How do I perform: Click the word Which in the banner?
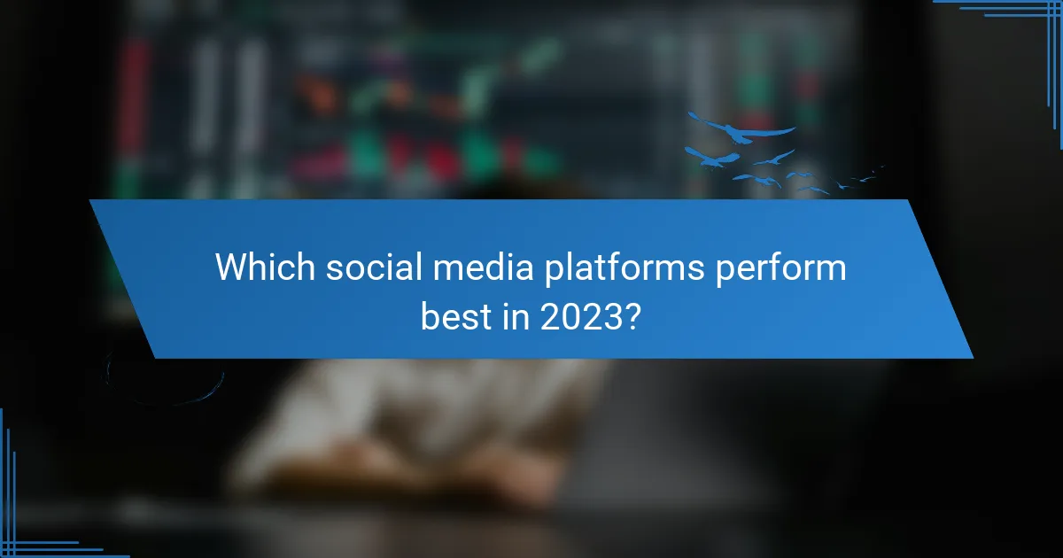(265, 267)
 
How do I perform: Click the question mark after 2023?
(631, 314)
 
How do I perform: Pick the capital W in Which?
(231, 267)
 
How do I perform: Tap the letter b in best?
(430, 314)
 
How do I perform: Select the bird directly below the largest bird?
(713, 159)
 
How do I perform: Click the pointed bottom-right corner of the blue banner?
(971, 356)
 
